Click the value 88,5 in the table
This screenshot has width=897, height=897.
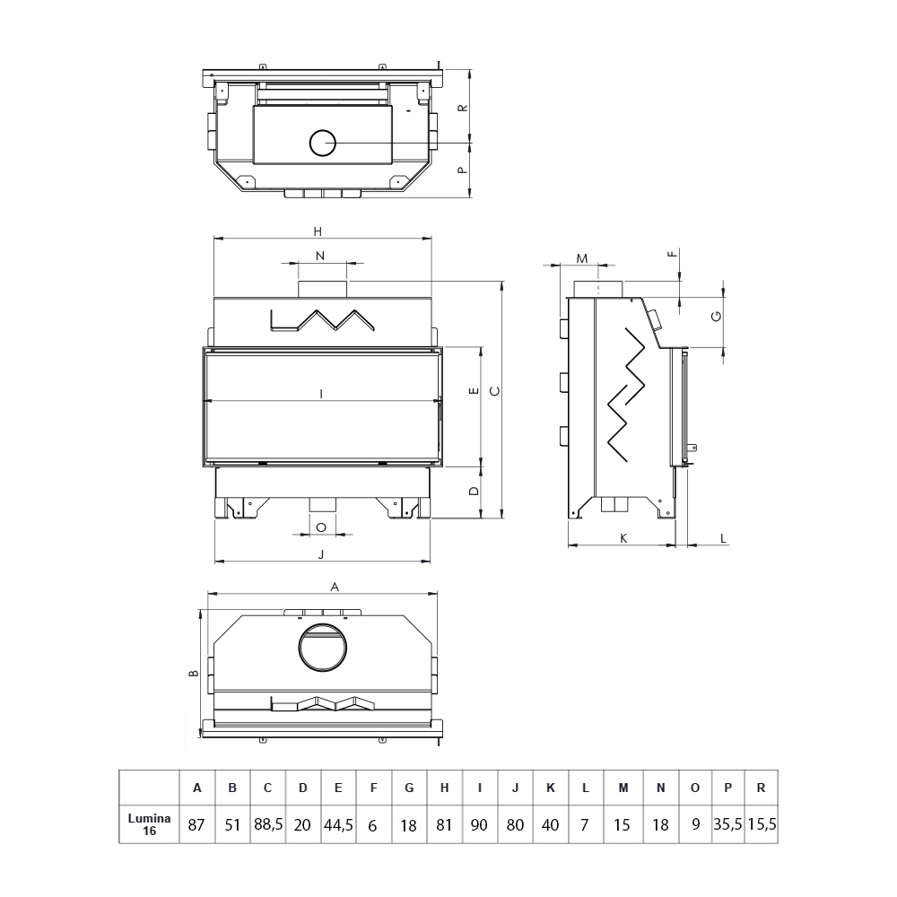267,824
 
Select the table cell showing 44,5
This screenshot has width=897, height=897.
338,824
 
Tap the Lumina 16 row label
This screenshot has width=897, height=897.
149,824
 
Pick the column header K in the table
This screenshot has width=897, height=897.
551,788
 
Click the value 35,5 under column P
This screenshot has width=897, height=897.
727,824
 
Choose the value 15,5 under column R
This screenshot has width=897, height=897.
762,824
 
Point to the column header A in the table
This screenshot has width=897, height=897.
196,788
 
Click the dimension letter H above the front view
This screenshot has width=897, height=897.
318,231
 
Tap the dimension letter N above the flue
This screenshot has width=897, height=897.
320,256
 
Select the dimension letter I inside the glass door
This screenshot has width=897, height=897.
321,394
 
